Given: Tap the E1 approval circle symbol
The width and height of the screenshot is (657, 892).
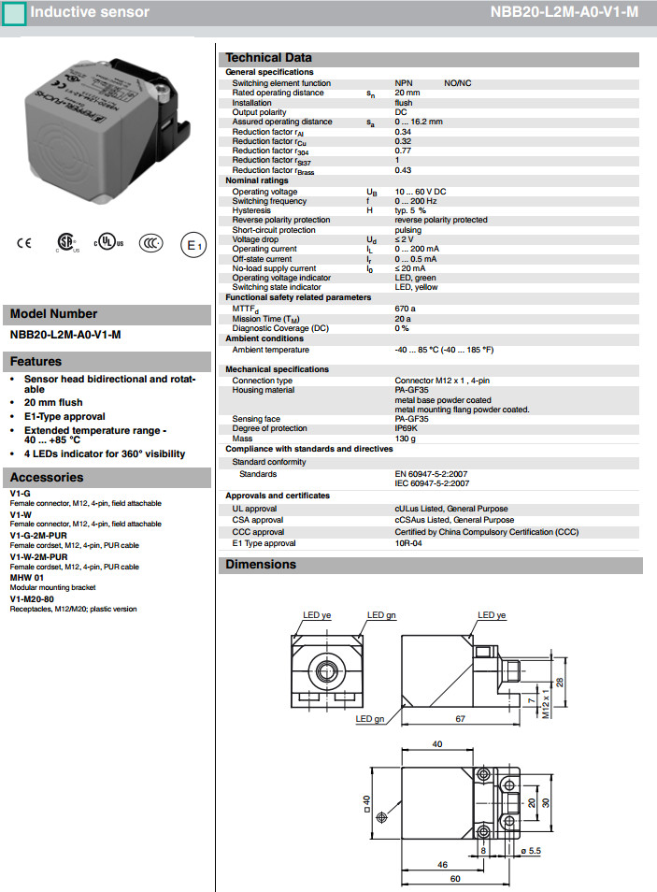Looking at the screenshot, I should click(x=192, y=245).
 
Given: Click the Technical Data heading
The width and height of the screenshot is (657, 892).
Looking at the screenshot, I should click(x=269, y=58).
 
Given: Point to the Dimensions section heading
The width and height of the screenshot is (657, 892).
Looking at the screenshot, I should click(x=261, y=565).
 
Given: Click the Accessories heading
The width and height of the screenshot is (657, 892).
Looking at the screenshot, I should click(x=47, y=478).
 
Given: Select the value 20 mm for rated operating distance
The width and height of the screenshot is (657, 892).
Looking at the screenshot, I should click(x=407, y=94).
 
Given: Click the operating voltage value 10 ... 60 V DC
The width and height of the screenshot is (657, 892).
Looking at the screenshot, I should click(x=421, y=192).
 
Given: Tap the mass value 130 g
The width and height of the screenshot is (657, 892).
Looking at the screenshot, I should click(x=406, y=439).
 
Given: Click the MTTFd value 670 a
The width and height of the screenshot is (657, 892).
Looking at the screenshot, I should click(x=406, y=308).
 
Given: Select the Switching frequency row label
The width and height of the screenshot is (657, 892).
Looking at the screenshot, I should click(x=269, y=201).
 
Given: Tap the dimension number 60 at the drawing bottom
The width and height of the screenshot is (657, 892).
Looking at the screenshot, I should click(x=454, y=880).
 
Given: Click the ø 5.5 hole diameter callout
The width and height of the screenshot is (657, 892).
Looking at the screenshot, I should click(x=530, y=850).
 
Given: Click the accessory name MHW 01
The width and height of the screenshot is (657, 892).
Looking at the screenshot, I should click(x=27, y=577).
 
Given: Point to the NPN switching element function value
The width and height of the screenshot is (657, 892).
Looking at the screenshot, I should click(x=404, y=83).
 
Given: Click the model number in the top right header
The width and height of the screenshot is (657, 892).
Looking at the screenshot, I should click(x=564, y=12).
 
